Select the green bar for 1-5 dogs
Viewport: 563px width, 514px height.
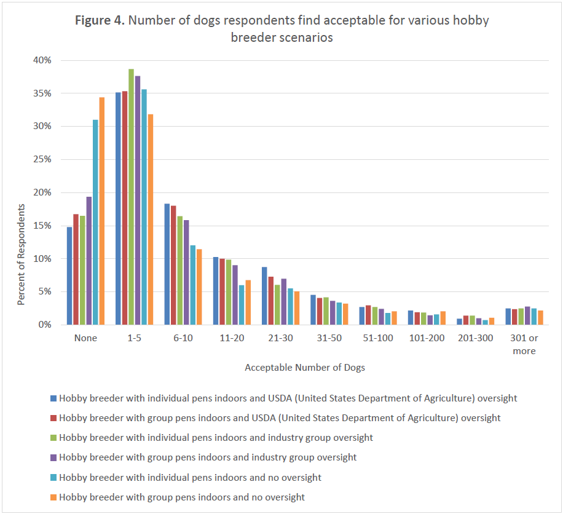click(x=131, y=197)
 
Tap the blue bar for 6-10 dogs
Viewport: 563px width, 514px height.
click(x=167, y=264)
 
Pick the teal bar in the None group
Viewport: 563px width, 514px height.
click(x=95, y=222)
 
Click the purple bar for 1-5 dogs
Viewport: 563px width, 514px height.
click(x=138, y=200)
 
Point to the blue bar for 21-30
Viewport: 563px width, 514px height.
click(x=264, y=296)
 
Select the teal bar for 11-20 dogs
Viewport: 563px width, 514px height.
click(x=242, y=305)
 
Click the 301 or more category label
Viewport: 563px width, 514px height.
click(x=524, y=344)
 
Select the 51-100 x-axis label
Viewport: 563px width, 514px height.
click(x=378, y=338)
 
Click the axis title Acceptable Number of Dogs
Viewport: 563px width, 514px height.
click(x=305, y=368)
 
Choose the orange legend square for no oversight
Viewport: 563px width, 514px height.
click(x=54, y=497)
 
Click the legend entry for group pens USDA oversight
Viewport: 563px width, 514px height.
click(x=280, y=418)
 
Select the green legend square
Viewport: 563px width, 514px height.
click(x=54, y=438)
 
